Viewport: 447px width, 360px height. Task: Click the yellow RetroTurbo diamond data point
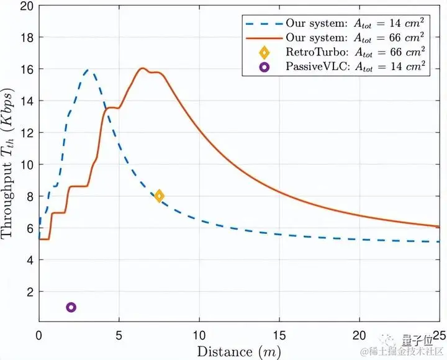[160, 196]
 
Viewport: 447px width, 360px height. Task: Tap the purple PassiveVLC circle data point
[71, 307]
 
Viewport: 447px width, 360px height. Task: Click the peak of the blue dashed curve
[88, 70]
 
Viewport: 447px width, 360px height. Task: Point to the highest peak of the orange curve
[142, 68]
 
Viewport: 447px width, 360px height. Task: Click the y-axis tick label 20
[26, 7]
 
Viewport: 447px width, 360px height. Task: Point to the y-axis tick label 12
[26, 133]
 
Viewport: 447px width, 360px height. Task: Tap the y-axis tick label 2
[29, 291]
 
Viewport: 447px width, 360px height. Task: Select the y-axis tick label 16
[26, 70]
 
